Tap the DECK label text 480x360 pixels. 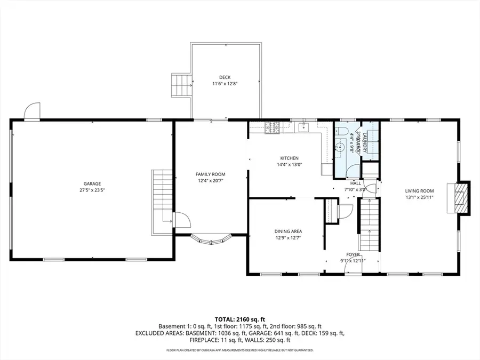(x=225, y=77)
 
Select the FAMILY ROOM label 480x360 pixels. (x=210, y=174)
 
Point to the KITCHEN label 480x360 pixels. (x=290, y=158)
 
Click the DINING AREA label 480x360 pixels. (x=288, y=231)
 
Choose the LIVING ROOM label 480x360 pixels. (x=419, y=191)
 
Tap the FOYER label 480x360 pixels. (x=353, y=254)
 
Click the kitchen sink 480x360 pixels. (x=302, y=127)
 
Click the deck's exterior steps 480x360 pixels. (x=181, y=84)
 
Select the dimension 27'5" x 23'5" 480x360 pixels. (x=92, y=190)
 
